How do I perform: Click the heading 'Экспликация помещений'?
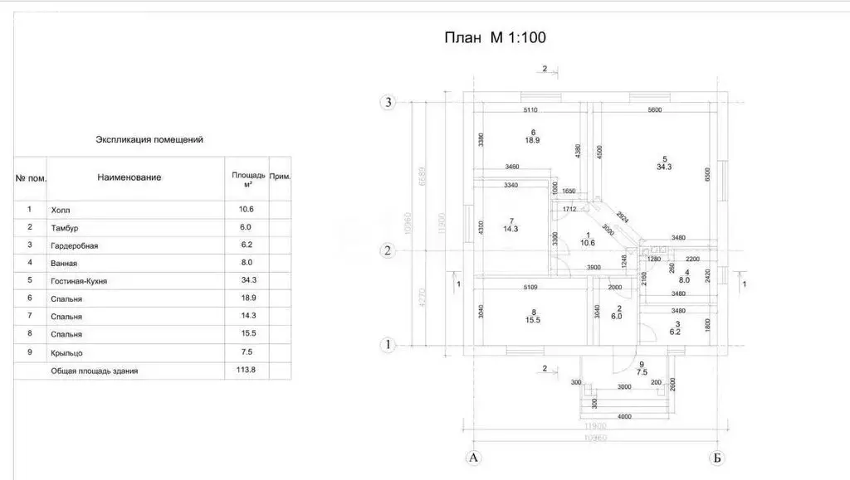(x=149, y=140)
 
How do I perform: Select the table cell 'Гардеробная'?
(x=75, y=245)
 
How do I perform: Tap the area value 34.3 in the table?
(x=246, y=281)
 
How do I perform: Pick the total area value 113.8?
(x=246, y=371)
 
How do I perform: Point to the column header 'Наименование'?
(x=129, y=177)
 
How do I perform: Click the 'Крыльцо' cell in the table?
(x=66, y=352)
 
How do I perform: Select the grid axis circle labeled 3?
(x=387, y=103)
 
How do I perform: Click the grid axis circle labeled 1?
(x=387, y=344)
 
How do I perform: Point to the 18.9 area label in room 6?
(x=532, y=141)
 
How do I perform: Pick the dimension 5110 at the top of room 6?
(x=531, y=110)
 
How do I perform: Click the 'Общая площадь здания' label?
(x=95, y=371)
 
